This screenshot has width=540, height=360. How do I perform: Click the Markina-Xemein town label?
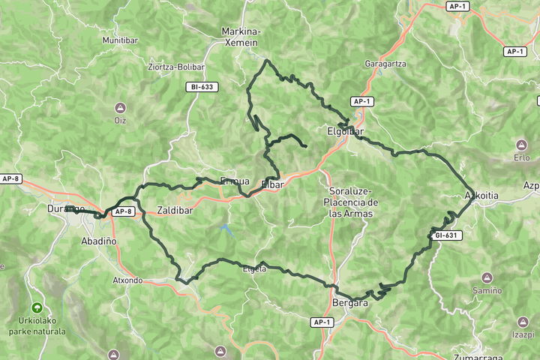[241, 37]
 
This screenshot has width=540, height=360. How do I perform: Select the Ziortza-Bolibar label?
[176, 66]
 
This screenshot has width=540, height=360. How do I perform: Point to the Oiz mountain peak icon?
[120, 108]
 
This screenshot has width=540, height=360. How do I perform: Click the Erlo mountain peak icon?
[521, 145]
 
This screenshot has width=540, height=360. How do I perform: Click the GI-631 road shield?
[448, 235]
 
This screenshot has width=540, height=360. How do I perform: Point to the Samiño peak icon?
[487, 277]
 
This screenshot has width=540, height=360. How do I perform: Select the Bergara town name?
[349, 303]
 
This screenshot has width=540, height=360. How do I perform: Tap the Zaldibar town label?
[175, 211]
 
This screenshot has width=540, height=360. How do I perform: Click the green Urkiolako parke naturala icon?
[36, 307]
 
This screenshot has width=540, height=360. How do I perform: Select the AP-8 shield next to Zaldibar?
[124, 212]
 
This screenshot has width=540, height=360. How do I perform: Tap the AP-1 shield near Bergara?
[322, 322]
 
